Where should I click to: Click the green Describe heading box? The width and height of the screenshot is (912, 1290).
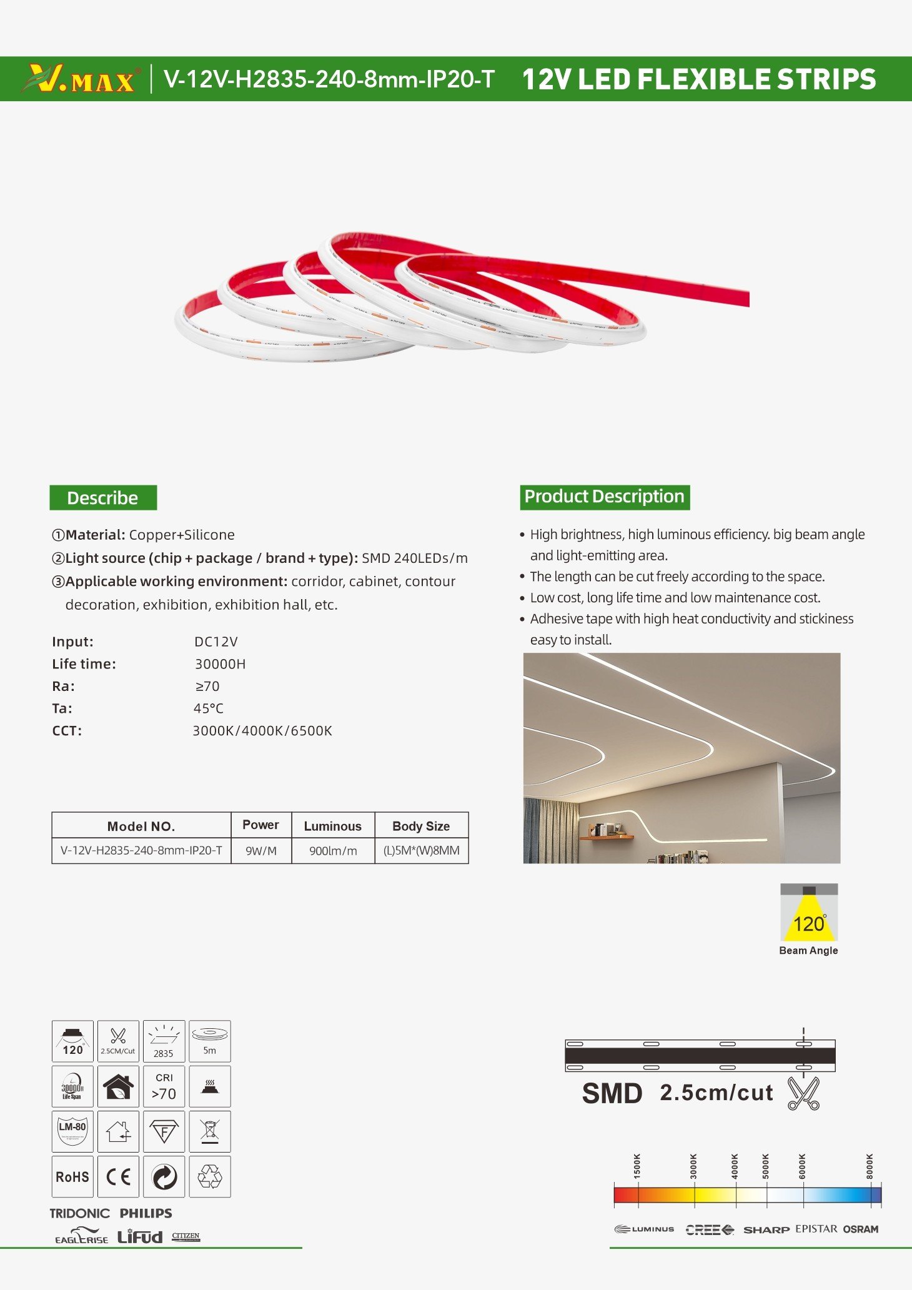(x=103, y=498)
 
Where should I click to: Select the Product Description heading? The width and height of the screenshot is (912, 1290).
(x=604, y=497)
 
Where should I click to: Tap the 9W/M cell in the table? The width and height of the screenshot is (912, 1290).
(x=261, y=851)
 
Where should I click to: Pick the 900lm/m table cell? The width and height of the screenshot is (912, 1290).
(x=333, y=851)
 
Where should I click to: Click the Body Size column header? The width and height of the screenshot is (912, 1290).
(x=421, y=826)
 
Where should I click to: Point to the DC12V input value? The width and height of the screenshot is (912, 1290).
(x=216, y=642)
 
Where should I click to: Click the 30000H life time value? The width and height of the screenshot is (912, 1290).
(x=220, y=664)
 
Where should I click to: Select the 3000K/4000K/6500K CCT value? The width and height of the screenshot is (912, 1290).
(x=262, y=731)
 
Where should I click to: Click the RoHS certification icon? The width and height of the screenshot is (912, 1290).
(x=72, y=1177)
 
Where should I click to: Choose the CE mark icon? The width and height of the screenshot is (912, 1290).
(x=118, y=1177)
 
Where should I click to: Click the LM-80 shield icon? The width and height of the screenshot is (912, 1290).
(x=72, y=1131)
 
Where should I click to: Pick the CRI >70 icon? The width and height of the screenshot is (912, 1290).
(x=164, y=1086)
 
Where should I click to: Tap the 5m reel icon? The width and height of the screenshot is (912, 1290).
(x=210, y=1041)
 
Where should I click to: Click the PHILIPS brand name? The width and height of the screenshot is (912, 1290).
(x=146, y=1213)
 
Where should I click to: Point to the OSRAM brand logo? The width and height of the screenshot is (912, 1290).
(x=860, y=1229)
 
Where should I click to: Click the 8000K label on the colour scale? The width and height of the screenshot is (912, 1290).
(x=870, y=1166)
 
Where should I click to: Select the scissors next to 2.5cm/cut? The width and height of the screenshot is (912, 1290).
(x=803, y=1093)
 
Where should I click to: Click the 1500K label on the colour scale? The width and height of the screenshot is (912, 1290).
(x=637, y=1166)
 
